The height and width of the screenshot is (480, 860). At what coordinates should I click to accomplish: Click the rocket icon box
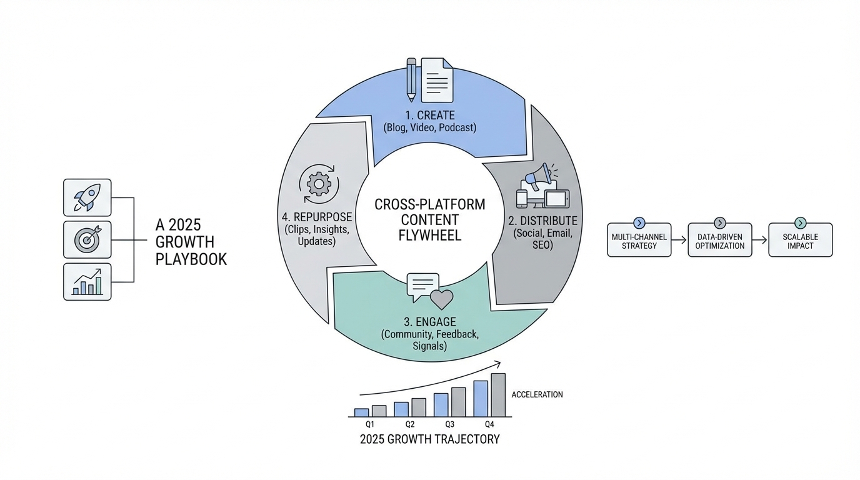tap(87, 197)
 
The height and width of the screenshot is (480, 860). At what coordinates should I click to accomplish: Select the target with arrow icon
tap(87, 239)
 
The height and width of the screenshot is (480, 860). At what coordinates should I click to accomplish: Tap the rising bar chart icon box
tap(87, 281)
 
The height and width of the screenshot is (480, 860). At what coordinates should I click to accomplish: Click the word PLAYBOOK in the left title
tap(191, 259)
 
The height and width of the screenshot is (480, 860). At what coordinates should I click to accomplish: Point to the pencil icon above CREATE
tap(411, 79)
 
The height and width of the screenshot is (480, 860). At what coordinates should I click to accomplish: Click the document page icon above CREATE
tap(437, 80)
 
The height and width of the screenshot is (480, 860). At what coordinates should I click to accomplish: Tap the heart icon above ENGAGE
tap(442, 299)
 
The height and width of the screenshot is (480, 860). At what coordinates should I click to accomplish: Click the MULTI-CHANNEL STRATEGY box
tap(639, 241)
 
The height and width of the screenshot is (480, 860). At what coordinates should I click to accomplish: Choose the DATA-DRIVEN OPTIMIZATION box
tap(720, 241)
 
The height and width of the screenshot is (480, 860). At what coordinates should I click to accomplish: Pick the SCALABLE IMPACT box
tap(801, 241)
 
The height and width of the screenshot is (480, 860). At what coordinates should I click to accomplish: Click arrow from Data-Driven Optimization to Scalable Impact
tap(760, 240)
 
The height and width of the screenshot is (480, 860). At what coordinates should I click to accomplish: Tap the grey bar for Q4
tap(498, 395)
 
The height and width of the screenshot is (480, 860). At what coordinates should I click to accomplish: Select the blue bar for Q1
tap(361, 412)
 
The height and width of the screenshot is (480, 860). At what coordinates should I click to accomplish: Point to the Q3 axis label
tap(449, 424)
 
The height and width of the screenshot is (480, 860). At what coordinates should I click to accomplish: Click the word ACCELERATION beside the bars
tap(537, 394)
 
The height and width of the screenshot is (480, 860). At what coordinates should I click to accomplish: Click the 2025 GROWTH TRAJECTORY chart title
tap(429, 439)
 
